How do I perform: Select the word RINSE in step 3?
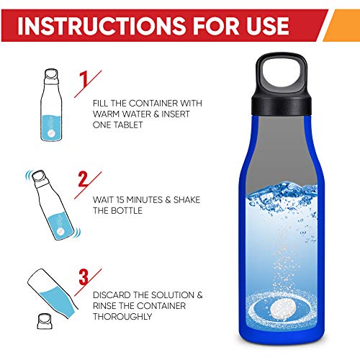[x=109, y=305]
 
